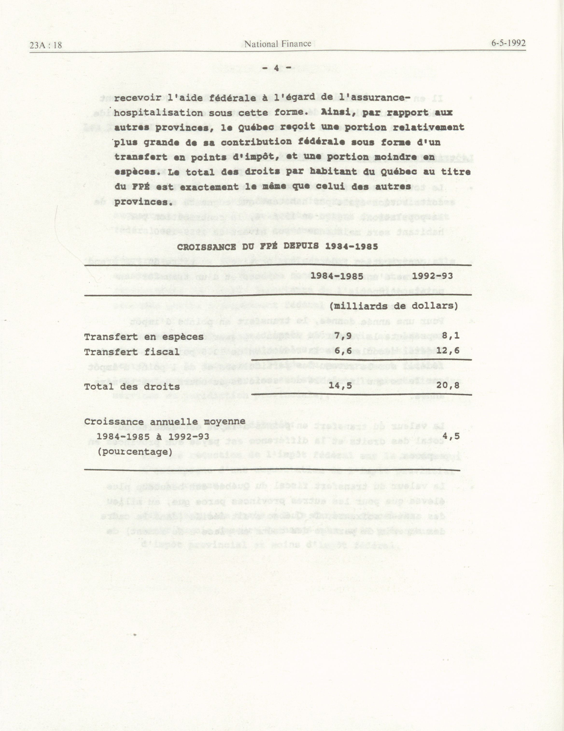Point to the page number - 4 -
click(276, 68)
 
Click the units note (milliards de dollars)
click(394, 306)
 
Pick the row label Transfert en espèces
click(144, 337)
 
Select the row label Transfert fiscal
click(132, 352)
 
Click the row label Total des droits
click(132, 387)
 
